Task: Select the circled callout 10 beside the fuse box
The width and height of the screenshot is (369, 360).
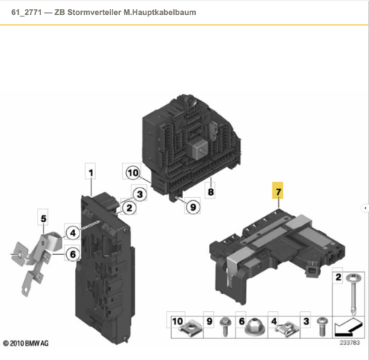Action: tap(133, 172)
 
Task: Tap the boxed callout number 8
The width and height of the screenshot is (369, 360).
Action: tap(211, 192)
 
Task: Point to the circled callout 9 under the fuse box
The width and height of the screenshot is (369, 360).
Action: tap(193, 207)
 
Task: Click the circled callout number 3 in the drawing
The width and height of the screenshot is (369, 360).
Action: tap(139, 194)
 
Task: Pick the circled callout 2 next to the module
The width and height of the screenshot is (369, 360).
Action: tap(129, 208)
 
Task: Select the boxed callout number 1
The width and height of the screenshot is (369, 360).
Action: tap(91, 172)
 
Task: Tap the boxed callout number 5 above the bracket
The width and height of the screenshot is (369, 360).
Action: tap(43, 218)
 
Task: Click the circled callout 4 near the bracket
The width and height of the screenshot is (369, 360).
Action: tap(73, 233)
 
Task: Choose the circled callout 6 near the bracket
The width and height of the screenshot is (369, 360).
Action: tap(73, 254)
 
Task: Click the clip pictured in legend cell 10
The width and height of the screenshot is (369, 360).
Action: tap(190, 328)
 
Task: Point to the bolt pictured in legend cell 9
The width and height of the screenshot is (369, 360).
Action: tap(225, 326)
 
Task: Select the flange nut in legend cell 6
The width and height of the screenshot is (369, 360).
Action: tap(255, 327)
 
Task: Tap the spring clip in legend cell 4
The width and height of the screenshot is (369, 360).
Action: tap(287, 328)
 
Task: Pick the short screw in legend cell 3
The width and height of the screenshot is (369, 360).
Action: tap(322, 326)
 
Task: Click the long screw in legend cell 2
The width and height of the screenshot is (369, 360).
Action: tap(353, 294)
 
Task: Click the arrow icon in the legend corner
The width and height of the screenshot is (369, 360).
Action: tap(349, 327)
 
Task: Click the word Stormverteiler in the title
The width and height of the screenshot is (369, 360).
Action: tap(94, 12)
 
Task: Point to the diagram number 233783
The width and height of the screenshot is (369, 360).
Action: tap(349, 343)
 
